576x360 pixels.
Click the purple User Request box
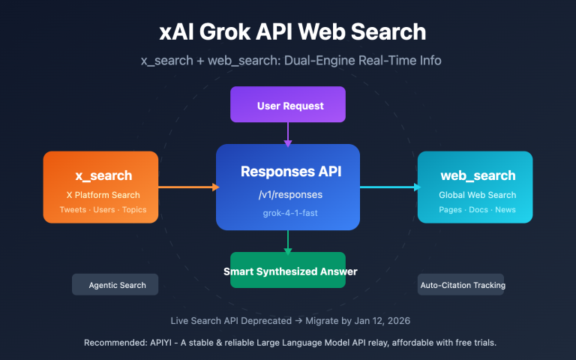click(x=288, y=105)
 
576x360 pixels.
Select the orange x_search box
click(x=100, y=187)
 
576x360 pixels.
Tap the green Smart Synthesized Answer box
click(x=288, y=270)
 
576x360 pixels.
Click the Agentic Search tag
click(x=115, y=285)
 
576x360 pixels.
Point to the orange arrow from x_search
click(x=187, y=187)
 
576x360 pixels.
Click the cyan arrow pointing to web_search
click(x=390, y=187)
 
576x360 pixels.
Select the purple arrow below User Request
click(x=288, y=133)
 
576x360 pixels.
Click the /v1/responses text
click(x=288, y=194)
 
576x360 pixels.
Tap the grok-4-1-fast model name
click(x=288, y=214)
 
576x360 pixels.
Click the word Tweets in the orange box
click(x=73, y=210)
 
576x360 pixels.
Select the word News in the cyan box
click(x=505, y=210)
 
